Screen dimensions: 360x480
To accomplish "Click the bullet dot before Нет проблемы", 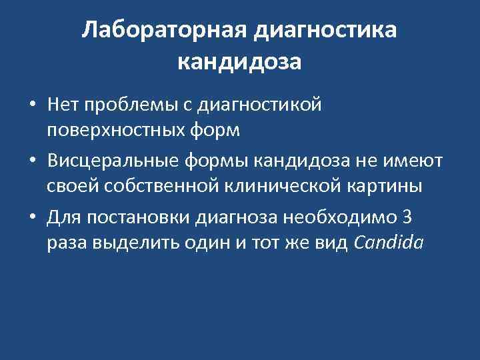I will point(32,105).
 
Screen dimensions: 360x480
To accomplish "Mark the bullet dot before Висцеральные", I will point(32,161).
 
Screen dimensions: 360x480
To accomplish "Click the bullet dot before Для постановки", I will point(32,217).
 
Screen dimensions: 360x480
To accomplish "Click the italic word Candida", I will point(389,243).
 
